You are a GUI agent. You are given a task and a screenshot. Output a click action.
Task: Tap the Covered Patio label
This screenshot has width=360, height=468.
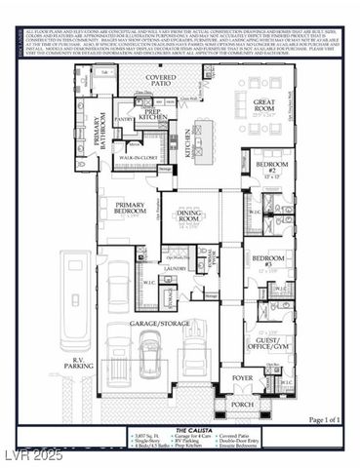[x=161, y=80]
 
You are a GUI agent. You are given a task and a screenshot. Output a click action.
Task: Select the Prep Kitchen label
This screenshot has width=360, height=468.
[x=152, y=114]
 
